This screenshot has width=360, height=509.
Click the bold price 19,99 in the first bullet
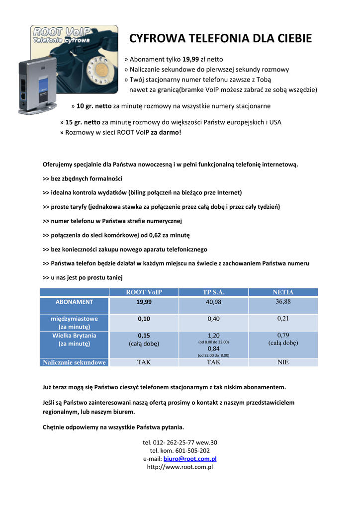pyautogui.click(x=190, y=59)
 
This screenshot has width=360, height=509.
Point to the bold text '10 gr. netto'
pyautogui.click(x=94, y=106)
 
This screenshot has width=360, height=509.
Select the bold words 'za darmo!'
pyautogui.click(x=166, y=133)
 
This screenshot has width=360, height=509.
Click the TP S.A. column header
pyautogui.click(x=213, y=292)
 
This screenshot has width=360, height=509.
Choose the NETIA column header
pyautogui.click(x=283, y=292)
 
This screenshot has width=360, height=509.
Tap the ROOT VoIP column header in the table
pyautogui.click(x=144, y=292)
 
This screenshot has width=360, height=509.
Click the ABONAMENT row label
pyautogui.click(x=74, y=302)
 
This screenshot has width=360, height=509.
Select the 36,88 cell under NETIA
pyautogui.click(x=283, y=302)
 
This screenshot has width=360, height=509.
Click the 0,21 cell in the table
pyautogui.click(x=283, y=318)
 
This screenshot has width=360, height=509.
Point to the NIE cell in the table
pyautogui.click(x=283, y=362)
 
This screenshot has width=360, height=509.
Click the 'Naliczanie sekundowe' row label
pyautogui.click(x=74, y=362)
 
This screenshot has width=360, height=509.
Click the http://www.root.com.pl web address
pyautogui.click(x=180, y=467)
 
